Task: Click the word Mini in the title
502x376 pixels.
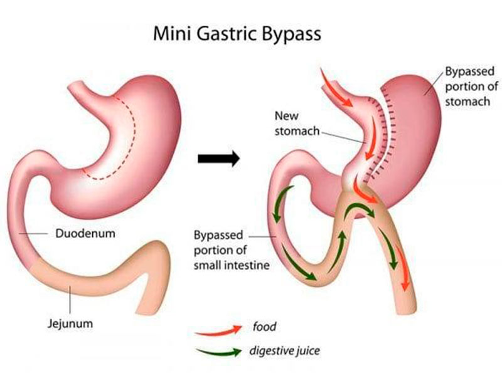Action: [x=172, y=34]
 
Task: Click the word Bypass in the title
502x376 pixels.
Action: [x=291, y=35]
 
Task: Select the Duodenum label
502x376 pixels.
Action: [x=85, y=233]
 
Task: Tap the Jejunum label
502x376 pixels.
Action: [x=70, y=323]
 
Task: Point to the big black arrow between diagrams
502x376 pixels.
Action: [x=218, y=159]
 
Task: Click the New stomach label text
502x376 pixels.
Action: [x=297, y=123]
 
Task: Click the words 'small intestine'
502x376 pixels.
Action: [x=232, y=265]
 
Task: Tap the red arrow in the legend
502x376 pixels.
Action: [x=218, y=331]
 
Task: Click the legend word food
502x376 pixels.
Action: [x=264, y=326]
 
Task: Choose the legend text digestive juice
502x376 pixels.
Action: [x=285, y=351]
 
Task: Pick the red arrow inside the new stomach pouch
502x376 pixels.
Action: [x=371, y=137]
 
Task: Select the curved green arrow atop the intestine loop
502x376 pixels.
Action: [x=360, y=210]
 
